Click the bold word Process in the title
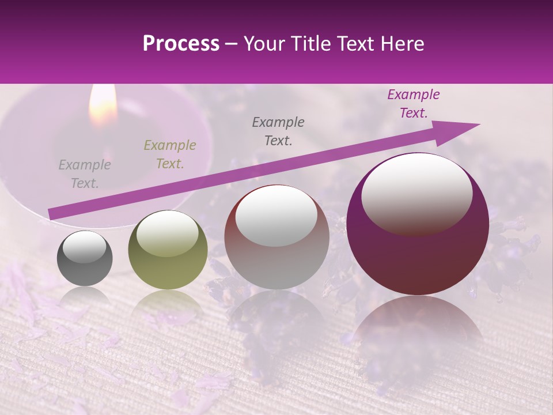pos(181,44)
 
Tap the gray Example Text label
pos(85,174)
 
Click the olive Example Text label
pos(169,154)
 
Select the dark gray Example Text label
pos(278,131)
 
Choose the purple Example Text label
pos(414,104)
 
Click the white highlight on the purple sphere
pos(416,193)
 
